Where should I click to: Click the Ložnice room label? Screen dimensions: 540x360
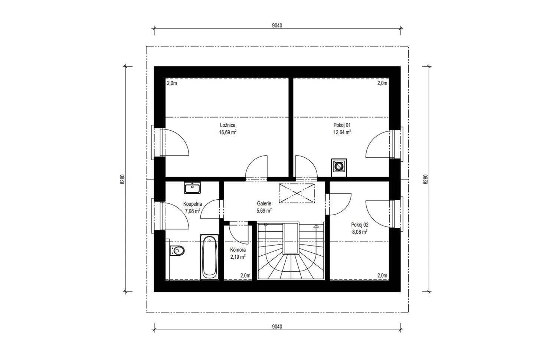(x=228, y=125)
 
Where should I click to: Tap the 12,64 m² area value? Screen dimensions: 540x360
(x=342, y=132)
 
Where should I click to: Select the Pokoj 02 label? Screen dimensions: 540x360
(x=360, y=225)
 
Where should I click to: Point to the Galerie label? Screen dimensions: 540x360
(x=264, y=203)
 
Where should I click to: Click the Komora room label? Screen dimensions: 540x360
(x=238, y=250)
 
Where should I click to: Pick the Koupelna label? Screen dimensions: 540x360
(x=192, y=204)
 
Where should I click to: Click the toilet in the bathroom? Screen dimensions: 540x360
(x=177, y=251)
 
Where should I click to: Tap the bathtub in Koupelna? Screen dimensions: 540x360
(x=209, y=257)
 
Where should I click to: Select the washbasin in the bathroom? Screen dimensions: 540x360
(x=192, y=187)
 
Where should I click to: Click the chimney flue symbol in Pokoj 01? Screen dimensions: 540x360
(x=339, y=166)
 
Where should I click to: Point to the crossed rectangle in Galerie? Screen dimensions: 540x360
(x=297, y=193)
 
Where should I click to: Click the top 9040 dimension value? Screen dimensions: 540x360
(x=277, y=26)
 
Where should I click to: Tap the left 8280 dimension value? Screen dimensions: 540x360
(x=123, y=179)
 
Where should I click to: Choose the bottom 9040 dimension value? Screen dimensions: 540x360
(x=277, y=327)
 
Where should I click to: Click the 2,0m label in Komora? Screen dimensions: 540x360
(x=245, y=275)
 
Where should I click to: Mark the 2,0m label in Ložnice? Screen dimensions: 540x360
(x=172, y=83)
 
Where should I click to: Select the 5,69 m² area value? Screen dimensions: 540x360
(x=264, y=210)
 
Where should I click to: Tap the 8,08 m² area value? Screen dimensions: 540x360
(x=360, y=232)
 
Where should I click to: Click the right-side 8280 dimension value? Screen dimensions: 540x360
(x=426, y=179)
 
